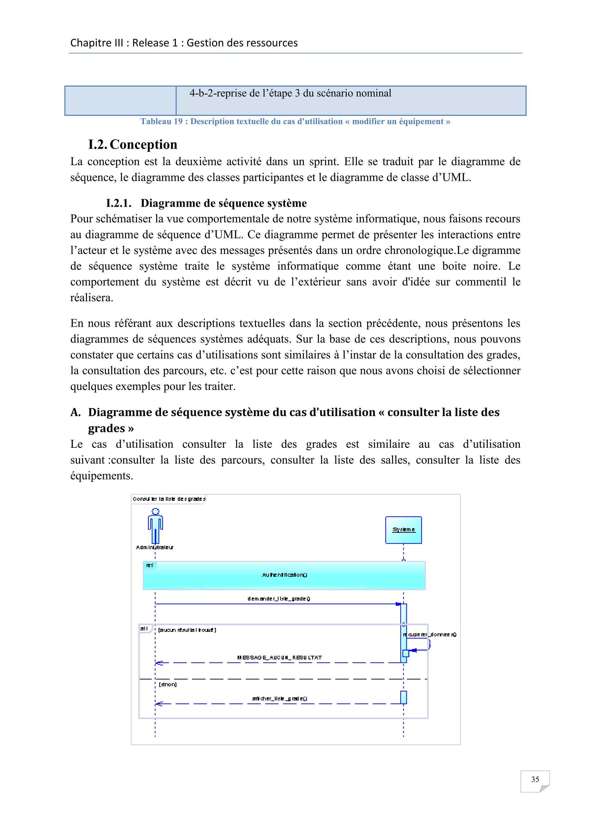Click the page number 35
pos(535,779)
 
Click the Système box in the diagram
pos(403,530)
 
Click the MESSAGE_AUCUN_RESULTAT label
pos(280,658)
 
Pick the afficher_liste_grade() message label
pos(280,698)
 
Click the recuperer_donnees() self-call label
pos(430,634)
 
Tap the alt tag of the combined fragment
pos(144,628)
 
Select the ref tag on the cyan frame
pos(149,566)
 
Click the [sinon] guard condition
pos(168,684)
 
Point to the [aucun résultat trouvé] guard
pos(187,630)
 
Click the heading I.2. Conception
pos(133,145)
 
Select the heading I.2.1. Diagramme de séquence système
pos(206,203)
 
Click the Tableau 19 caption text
pos(295,121)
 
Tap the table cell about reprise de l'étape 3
pos(290,94)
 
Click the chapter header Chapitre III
pos(184,43)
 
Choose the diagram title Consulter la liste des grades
pos(169,499)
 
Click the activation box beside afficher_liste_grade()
pos(403,697)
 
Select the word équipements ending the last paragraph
pos(102,475)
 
